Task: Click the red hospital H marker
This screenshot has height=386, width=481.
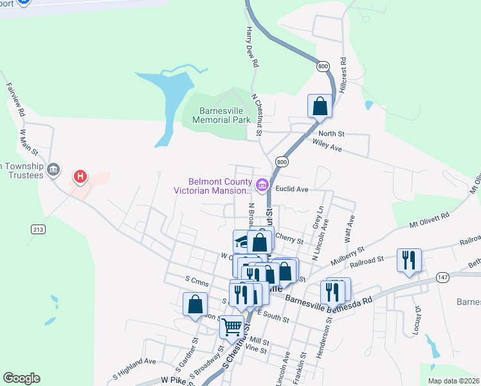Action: [x=80, y=176]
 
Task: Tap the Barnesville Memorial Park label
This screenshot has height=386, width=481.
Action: [x=215, y=115]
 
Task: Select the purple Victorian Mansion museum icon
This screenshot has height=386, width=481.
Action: [x=262, y=186]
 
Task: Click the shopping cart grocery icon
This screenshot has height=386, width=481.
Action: [x=231, y=327]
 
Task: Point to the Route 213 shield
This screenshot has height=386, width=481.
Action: [x=37, y=228]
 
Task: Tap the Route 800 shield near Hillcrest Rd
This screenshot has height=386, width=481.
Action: [x=323, y=66]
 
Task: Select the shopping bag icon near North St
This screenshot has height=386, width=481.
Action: [x=320, y=106]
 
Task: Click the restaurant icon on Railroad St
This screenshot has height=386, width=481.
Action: [x=409, y=260]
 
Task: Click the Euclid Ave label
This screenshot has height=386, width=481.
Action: [x=293, y=190]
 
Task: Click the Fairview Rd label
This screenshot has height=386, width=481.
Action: [x=16, y=98]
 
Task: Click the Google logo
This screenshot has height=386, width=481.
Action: [x=21, y=378]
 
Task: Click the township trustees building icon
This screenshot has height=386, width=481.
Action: [x=53, y=169]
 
